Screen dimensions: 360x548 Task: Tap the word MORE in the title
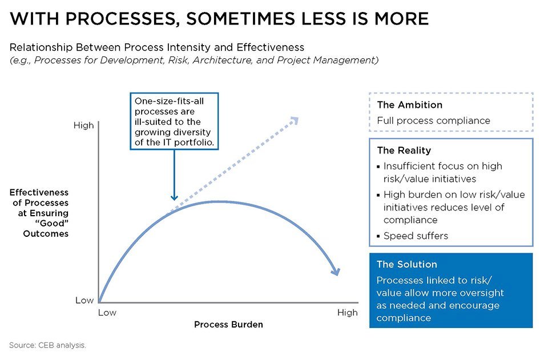tap(400, 19)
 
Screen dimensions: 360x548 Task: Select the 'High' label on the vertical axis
tap(84, 125)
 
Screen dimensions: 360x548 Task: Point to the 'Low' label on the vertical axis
tap(84, 300)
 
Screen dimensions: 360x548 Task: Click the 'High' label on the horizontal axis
tap(347, 312)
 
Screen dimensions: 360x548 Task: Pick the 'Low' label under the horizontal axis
tap(107, 312)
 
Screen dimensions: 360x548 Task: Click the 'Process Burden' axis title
tap(228, 325)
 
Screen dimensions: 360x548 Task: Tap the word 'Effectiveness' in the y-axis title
tap(39, 192)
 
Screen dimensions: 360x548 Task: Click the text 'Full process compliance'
tap(433, 120)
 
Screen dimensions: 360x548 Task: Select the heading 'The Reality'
tap(404, 151)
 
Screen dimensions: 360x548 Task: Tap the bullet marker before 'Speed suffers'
tap(378, 236)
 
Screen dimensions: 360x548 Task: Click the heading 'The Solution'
tap(406, 265)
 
